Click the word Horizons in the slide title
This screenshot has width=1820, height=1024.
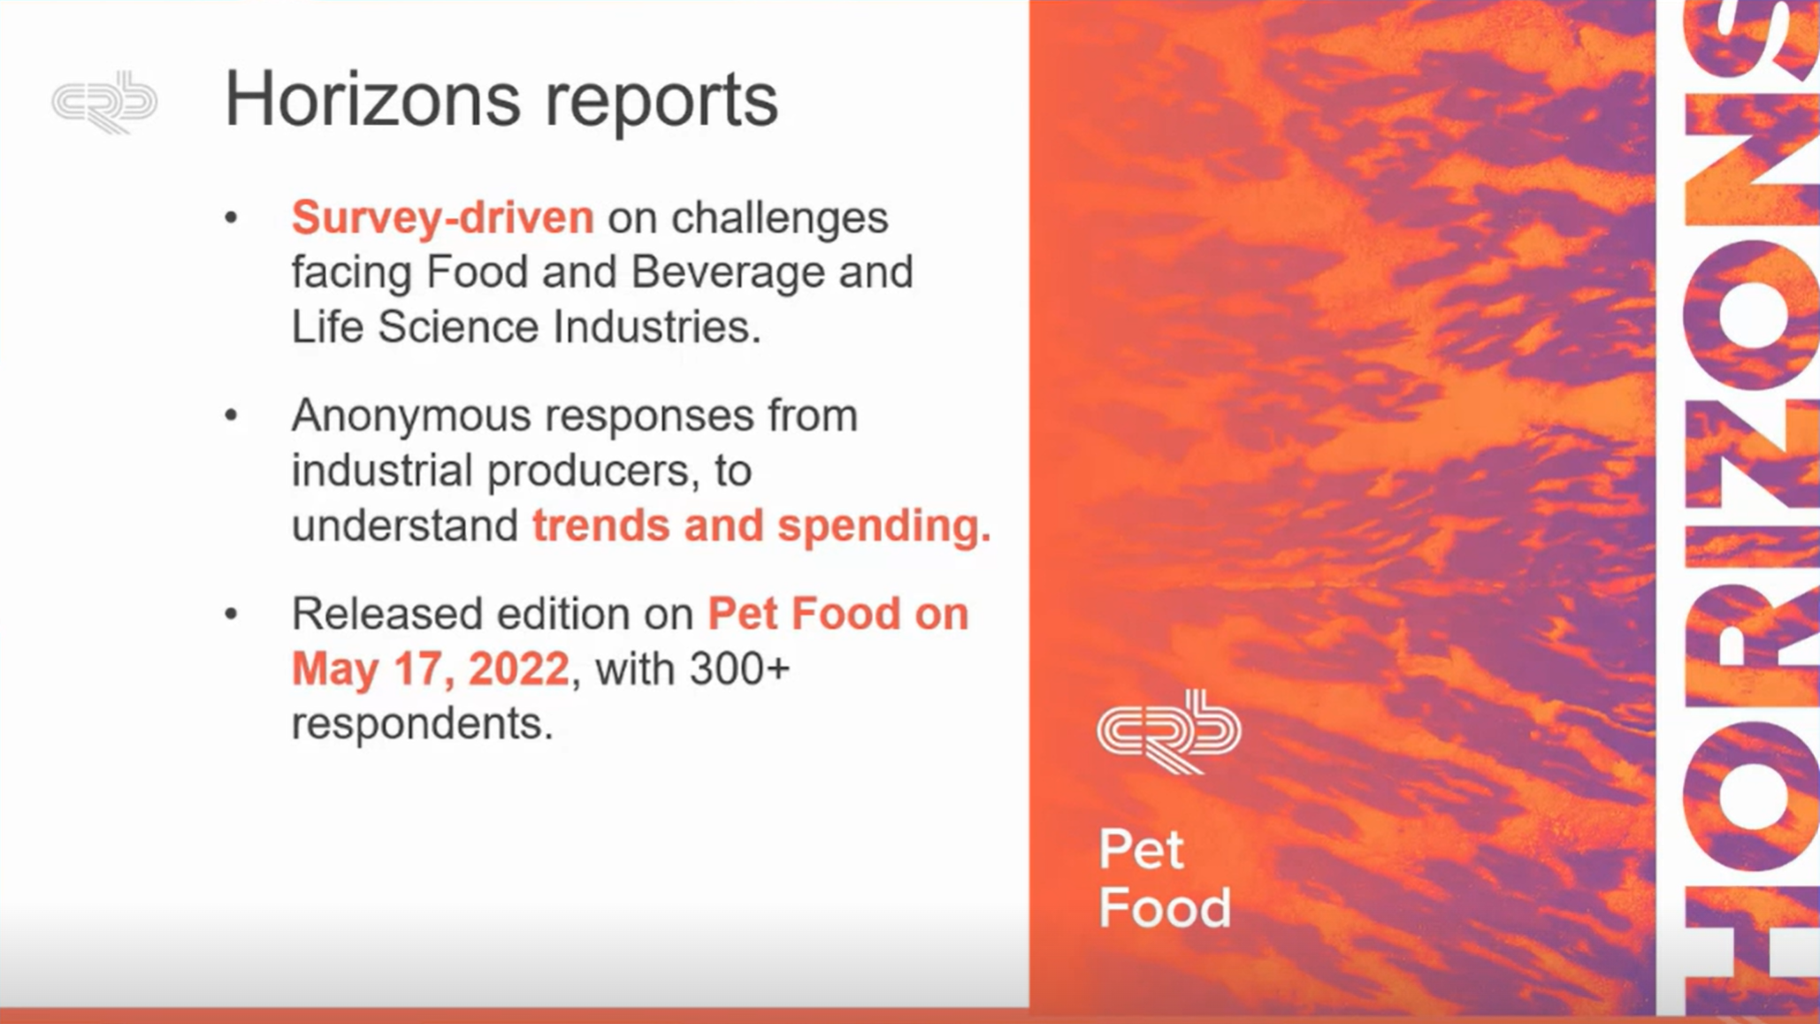point(372,98)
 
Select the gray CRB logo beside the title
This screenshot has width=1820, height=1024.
point(105,103)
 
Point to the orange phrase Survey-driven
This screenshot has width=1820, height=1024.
point(443,218)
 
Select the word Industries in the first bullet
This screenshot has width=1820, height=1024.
point(657,327)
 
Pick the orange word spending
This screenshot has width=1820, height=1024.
point(884,527)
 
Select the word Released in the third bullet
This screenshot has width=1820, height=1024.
point(387,614)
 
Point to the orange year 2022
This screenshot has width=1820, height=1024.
point(519,669)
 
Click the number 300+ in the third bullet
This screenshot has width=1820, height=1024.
point(739,669)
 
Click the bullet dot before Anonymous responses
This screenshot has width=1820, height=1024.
point(232,415)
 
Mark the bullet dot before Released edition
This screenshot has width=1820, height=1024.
point(232,613)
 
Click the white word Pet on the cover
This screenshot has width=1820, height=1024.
point(1141,850)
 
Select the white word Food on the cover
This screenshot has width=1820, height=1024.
point(1165,907)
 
